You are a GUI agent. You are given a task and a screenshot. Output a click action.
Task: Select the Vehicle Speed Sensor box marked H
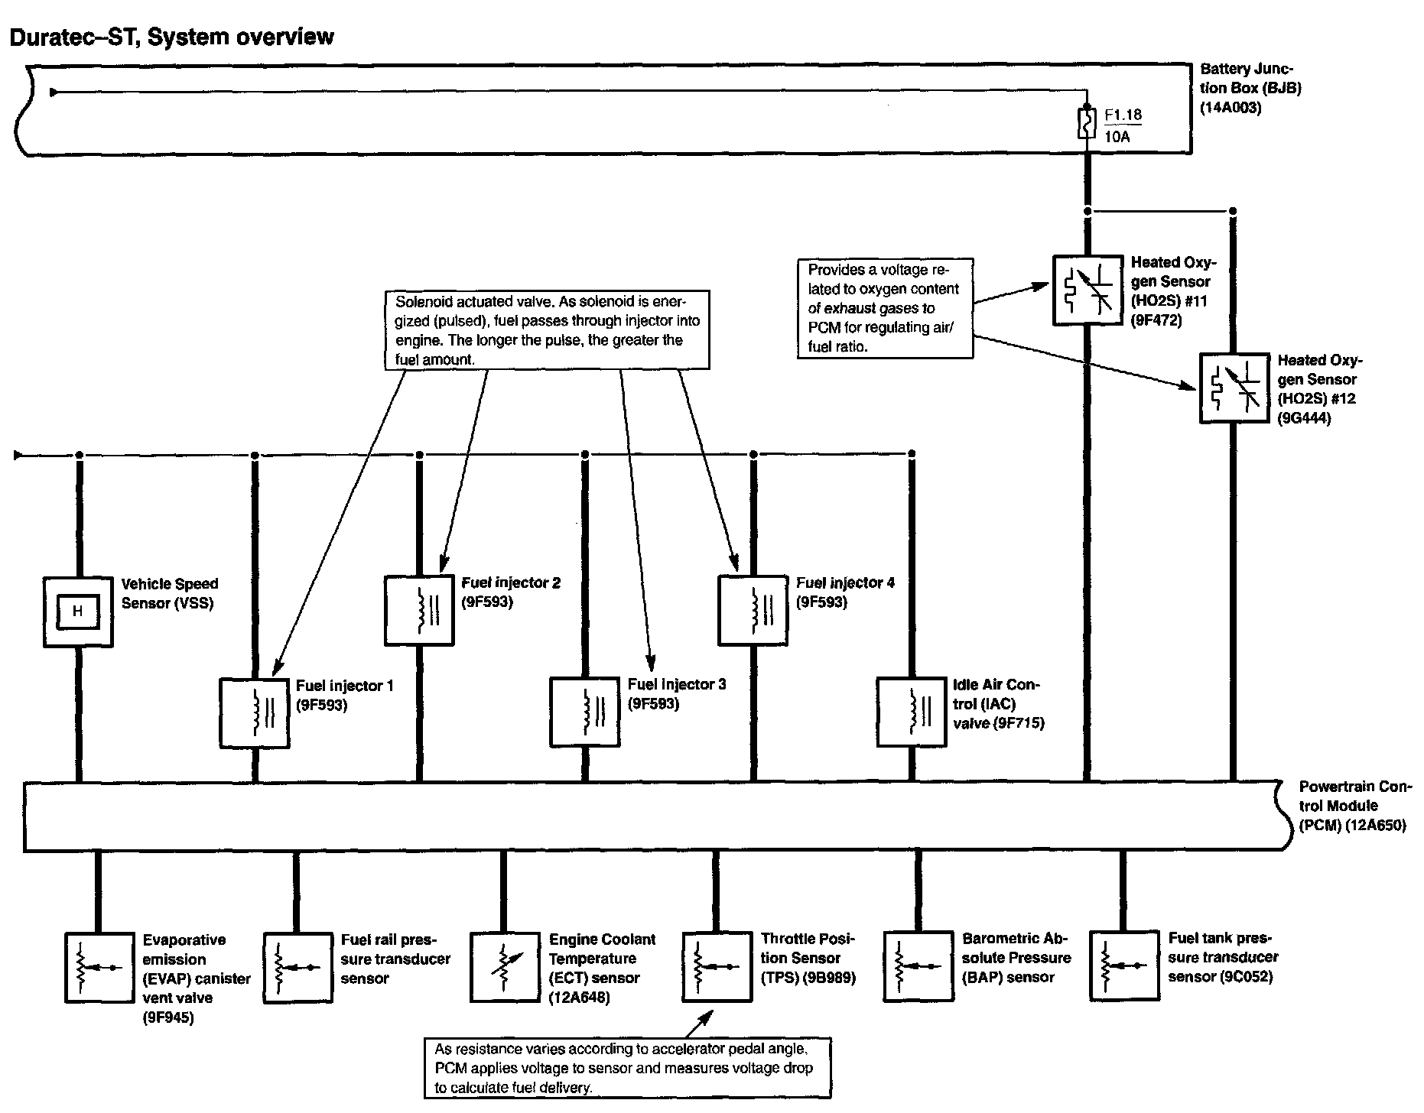tap(78, 612)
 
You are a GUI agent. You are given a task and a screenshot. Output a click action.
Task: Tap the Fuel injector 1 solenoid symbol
tap(255, 712)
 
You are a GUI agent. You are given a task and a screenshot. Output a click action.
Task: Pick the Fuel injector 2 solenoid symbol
tap(419, 610)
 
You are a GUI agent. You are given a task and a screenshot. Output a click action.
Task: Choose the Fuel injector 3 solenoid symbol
tap(585, 712)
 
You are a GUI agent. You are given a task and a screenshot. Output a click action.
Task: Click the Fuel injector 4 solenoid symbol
tap(753, 610)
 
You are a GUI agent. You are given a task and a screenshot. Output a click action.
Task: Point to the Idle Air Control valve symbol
tap(911, 712)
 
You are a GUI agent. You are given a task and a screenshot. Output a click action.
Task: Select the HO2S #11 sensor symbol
tap(1087, 290)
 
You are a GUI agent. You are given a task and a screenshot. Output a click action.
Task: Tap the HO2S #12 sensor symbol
tap(1233, 388)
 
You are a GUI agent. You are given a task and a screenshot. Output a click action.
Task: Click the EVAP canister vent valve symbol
tap(98, 967)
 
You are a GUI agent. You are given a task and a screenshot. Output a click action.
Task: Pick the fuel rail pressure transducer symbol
tap(297, 967)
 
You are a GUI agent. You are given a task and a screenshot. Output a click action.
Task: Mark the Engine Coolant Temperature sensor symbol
tap(503, 967)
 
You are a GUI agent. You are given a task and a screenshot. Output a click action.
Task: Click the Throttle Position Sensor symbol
tap(716, 966)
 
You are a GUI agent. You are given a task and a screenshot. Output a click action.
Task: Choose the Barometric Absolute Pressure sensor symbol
tap(918, 966)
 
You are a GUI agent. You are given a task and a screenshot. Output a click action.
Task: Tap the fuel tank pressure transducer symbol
tap(1123, 966)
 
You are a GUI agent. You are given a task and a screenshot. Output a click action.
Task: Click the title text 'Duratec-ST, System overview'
tap(171, 37)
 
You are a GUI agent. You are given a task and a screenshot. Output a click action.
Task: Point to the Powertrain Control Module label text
tap(1352, 806)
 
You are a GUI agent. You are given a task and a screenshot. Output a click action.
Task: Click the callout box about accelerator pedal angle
tap(627, 1068)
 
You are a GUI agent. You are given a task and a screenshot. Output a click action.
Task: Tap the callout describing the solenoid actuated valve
tap(547, 329)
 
